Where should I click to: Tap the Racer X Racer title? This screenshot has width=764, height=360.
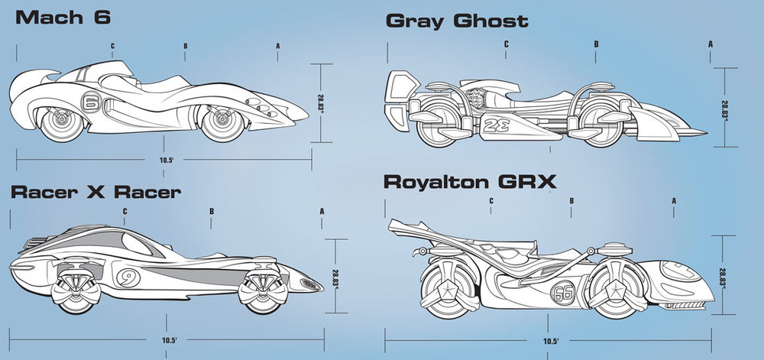[95, 191]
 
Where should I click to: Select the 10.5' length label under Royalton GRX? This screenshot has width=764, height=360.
[550, 341]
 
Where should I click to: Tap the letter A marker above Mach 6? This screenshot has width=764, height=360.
[278, 46]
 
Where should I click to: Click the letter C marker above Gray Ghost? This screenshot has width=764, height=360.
[506, 44]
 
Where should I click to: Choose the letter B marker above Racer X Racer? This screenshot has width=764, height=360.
[211, 211]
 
